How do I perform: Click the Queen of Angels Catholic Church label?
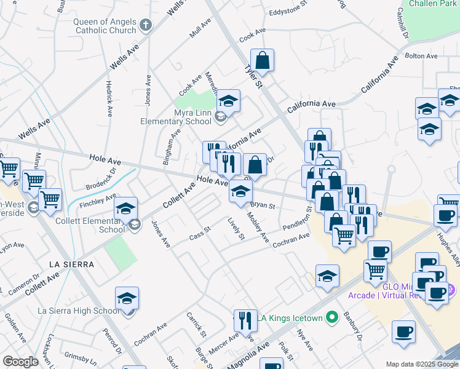coord(105,26)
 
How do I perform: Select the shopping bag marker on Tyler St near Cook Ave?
coord(262,61)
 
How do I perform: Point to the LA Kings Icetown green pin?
coord(333,318)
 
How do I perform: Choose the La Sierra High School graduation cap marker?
coord(127,299)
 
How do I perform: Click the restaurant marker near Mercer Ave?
coord(245,320)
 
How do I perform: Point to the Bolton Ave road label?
coord(422,56)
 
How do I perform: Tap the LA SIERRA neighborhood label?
coord(72,264)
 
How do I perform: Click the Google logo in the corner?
coord(20,362)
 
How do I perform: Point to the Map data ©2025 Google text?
coord(421,364)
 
